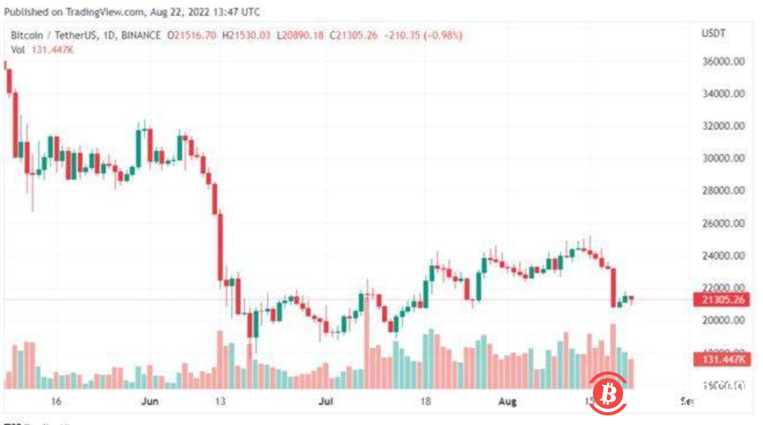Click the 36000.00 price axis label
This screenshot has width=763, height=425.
722,62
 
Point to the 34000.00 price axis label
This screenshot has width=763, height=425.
722,93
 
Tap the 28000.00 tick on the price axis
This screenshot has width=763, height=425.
722,191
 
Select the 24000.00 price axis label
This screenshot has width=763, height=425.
722,256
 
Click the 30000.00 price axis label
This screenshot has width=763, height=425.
722,158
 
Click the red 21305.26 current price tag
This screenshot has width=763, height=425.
722,300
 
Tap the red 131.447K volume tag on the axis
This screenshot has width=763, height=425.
722,359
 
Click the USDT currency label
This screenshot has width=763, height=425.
712,34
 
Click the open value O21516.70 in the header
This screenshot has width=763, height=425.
193,36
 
